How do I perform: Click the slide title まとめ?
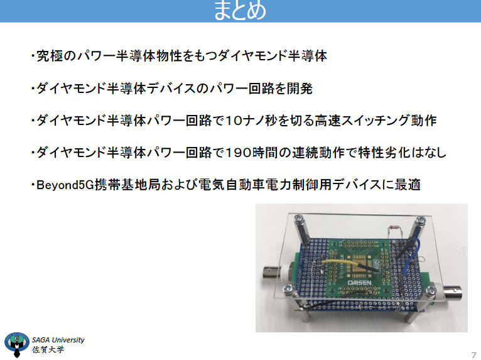(240, 11)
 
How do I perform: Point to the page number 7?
(473, 354)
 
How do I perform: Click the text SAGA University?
(58, 340)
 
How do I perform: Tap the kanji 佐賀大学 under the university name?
(48, 349)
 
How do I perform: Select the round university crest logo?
(16, 344)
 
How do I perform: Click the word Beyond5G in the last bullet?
(65, 185)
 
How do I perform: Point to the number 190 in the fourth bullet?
(239, 153)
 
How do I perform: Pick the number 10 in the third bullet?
(234, 121)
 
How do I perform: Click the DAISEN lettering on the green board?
(360, 283)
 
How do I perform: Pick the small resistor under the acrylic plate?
(394, 227)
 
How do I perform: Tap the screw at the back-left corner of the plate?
(298, 219)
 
